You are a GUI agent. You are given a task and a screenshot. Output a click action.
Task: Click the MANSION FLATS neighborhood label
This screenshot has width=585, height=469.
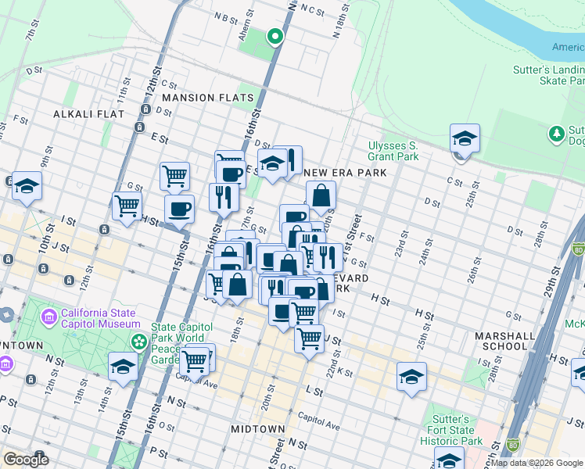[208, 98]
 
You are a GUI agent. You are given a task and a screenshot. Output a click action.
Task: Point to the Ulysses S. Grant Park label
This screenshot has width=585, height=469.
[393, 151]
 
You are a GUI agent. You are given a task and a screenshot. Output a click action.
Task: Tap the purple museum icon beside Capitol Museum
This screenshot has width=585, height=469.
[49, 317]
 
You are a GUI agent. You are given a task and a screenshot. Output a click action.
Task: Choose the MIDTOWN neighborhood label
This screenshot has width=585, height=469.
[258, 429]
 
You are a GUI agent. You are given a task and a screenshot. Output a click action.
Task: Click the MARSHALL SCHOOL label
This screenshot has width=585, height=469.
[504, 341]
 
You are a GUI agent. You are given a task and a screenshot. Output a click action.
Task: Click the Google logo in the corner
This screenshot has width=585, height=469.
[26, 459]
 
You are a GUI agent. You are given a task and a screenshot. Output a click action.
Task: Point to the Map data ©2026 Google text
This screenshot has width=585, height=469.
[537, 463]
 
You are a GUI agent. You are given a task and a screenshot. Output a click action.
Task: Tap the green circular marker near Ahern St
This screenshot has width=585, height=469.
[275, 36]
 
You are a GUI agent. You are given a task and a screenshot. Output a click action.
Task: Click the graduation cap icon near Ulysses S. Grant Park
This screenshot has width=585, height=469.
[465, 139]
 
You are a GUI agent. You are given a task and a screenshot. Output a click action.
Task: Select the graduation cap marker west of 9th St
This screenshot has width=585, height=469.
[27, 187]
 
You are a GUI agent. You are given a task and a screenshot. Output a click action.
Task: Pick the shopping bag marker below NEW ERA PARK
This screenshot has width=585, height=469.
[321, 196]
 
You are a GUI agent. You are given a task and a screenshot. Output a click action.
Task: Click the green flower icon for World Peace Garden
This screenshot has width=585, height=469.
[138, 342]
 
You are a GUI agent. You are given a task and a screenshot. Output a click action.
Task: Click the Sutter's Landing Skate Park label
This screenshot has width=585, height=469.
[550, 75]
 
